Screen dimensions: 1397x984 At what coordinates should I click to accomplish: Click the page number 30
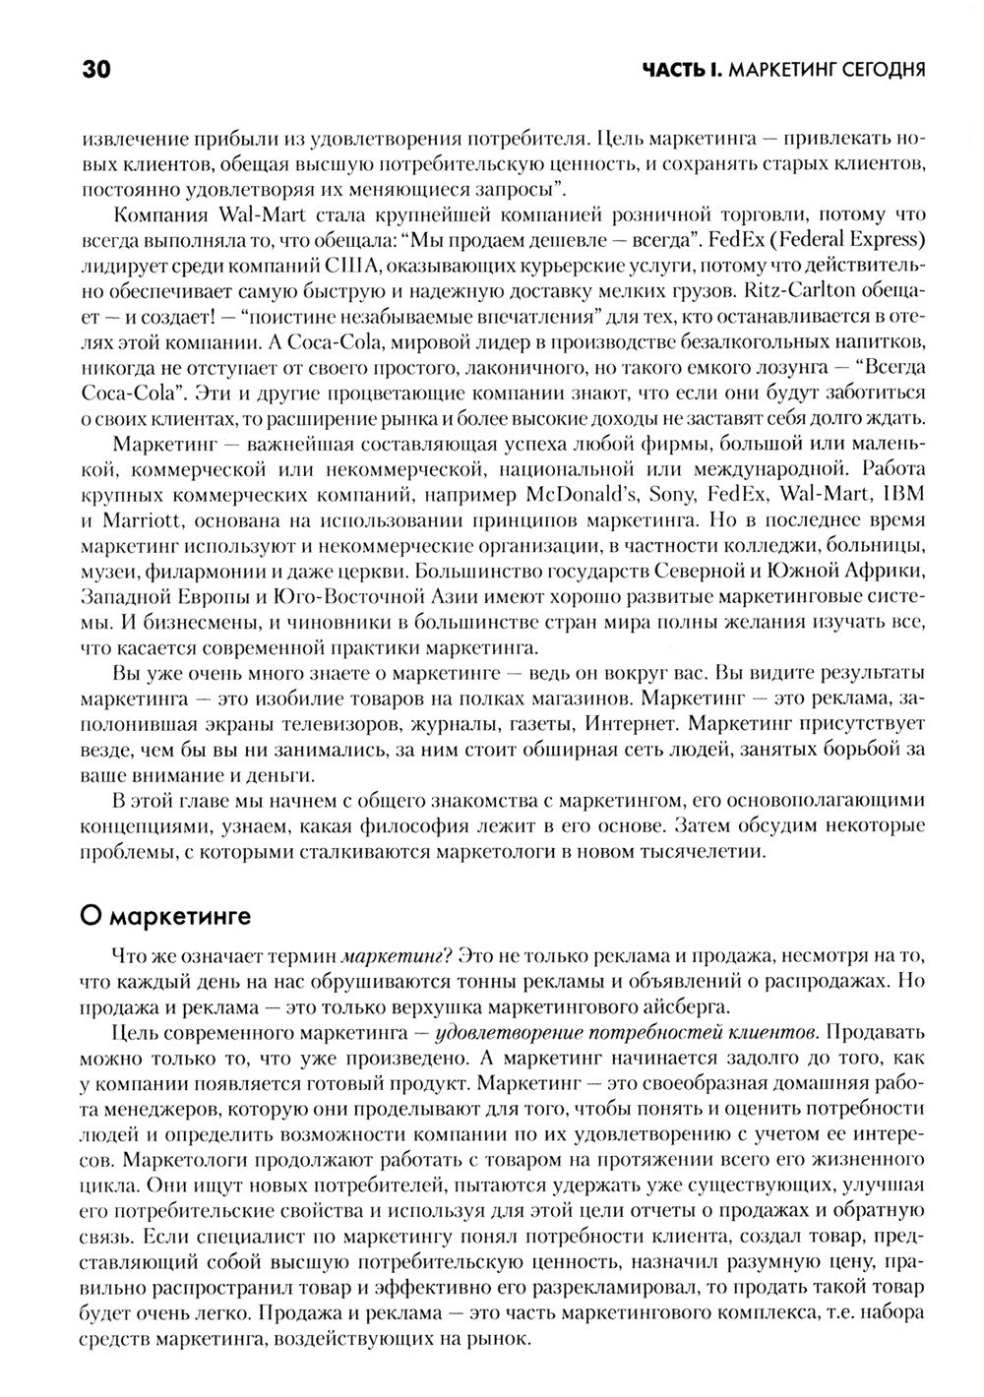pyautogui.click(x=96, y=70)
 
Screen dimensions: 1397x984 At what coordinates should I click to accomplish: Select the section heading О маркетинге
pyautogui.click(x=164, y=916)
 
